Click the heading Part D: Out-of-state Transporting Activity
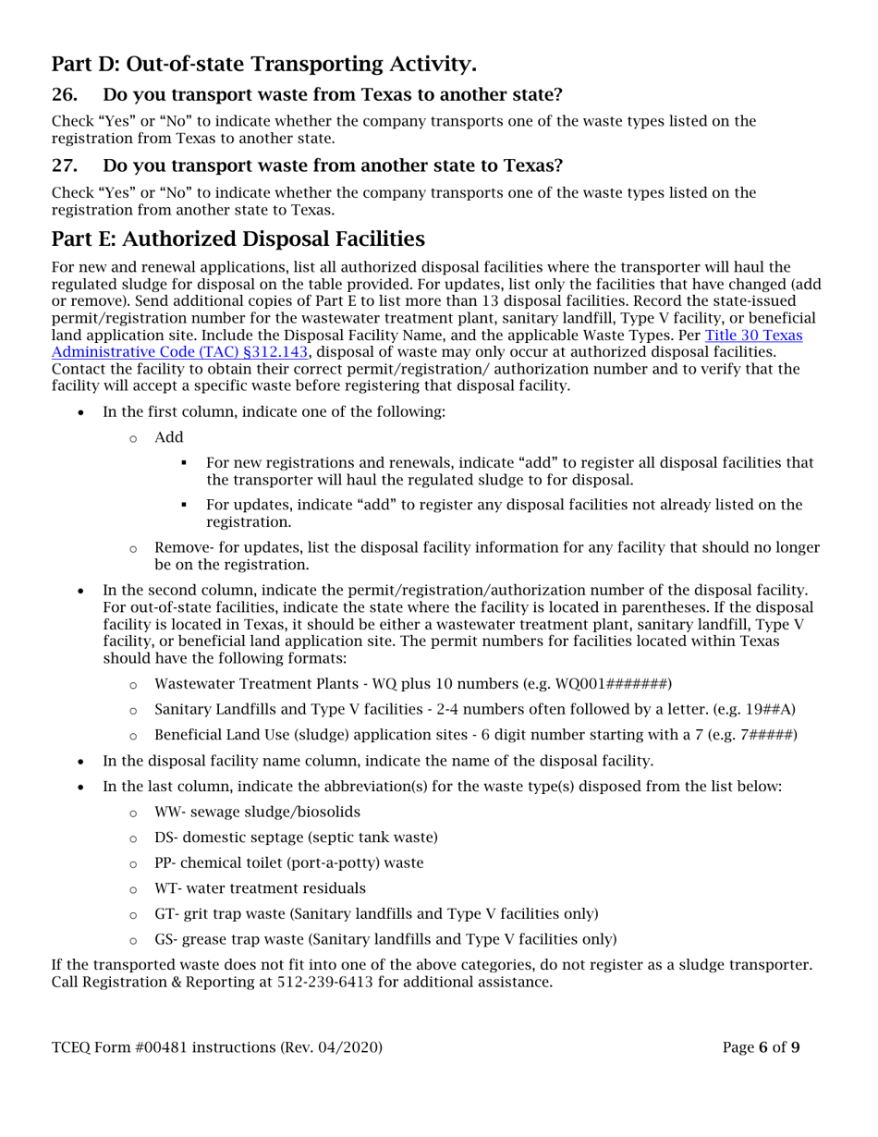pyautogui.click(x=263, y=65)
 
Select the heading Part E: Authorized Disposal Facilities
pyautogui.click(x=238, y=238)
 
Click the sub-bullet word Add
pyautogui.click(x=168, y=437)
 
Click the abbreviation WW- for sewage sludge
pyautogui.click(x=166, y=812)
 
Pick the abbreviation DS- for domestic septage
pyautogui.click(x=165, y=837)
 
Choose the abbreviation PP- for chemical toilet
pyautogui.click(x=165, y=862)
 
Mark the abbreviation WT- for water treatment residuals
pyautogui.click(x=166, y=888)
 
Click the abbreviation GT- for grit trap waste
pyautogui.click(x=165, y=914)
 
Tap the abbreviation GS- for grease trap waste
pyautogui.click(x=165, y=939)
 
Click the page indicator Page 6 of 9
pyautogui.click(x=761, y=1047)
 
